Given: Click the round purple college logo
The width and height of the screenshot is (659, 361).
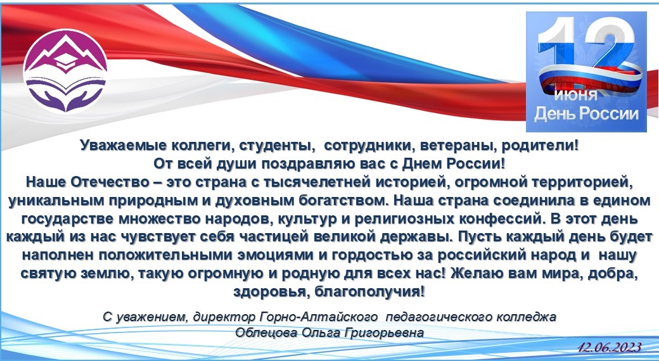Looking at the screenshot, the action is click(65, 70).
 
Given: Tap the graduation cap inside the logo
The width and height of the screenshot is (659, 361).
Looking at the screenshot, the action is click(65, 62).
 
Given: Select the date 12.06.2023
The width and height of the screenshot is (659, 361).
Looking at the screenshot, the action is click(609, 348).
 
